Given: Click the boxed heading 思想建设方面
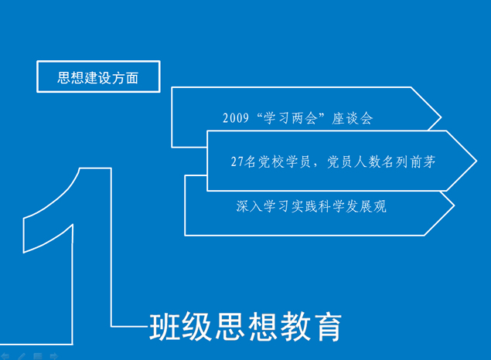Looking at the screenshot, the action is [97, 77].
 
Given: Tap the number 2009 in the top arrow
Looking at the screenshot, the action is [236, 118].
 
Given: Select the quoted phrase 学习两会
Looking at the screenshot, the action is [290, 118].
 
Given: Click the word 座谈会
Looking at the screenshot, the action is [353, 118].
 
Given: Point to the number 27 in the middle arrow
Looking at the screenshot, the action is [237, 161].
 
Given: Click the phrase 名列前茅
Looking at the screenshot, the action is [408, 161].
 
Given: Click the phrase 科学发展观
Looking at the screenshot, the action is [353, 206].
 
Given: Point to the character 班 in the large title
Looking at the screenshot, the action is [165, 327].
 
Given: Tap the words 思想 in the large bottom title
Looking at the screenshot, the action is [247, 327].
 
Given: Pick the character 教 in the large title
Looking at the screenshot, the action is [295, 327].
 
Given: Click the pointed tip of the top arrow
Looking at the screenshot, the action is [441, 117].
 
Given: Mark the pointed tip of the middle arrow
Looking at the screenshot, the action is [476, 161].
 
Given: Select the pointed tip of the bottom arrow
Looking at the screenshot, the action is [454, 205].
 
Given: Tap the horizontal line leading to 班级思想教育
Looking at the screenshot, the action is [130, 327].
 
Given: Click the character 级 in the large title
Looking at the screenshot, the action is [197, 327].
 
